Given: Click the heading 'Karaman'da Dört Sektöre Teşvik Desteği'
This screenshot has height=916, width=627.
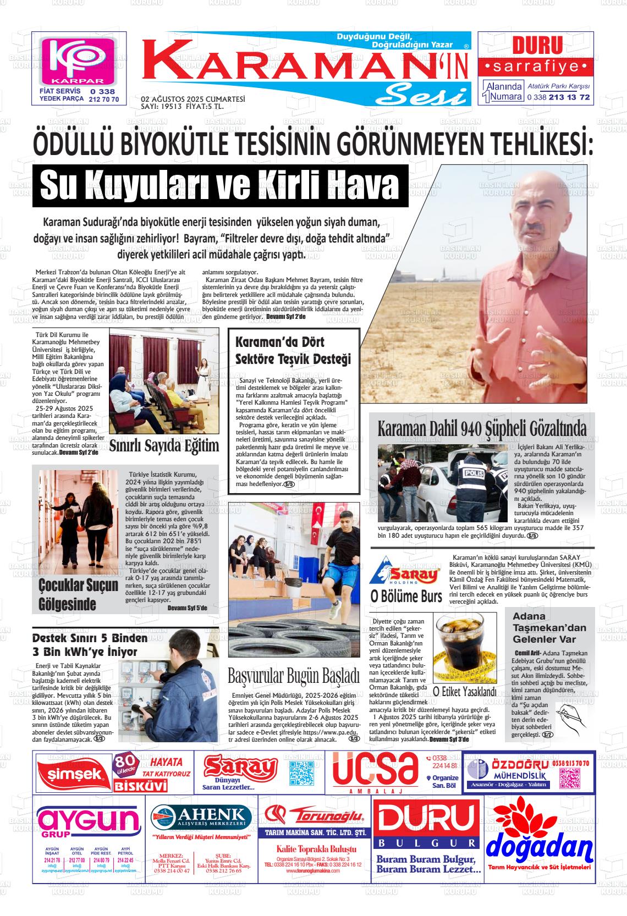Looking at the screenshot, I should pyautogui.click(x=293, y=350).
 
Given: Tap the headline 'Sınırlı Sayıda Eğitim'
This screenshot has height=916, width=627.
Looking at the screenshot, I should pyautogui.click(x=164, y=445).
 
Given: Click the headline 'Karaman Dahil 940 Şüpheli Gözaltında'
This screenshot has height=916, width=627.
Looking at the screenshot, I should pyautogui.click(x=482, y=428).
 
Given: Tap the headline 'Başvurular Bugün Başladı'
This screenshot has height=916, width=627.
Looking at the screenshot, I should pyautogui.click(x=293, y=674).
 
